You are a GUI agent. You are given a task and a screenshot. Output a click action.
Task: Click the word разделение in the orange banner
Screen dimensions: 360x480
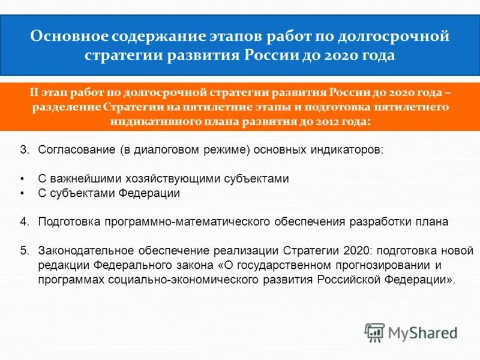pyautogui.click(x=63, y=107)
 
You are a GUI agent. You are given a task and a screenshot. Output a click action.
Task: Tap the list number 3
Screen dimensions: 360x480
pyautogui.click(x=24, y=149)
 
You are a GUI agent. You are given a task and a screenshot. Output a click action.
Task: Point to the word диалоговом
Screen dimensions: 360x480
pyautogui.click(x=157, y=149)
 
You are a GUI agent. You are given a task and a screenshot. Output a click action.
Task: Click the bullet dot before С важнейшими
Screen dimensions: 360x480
pyautogui.click(x=22, y=179)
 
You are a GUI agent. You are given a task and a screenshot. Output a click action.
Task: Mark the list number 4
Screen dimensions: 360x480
pyautogui.click(x=24, y=221)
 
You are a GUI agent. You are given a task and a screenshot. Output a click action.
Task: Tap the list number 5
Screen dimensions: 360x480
pyautogui.click(x=24, y=250)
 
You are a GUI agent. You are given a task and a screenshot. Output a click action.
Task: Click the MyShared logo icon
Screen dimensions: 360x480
pyautogui.click(x=374, y=331)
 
